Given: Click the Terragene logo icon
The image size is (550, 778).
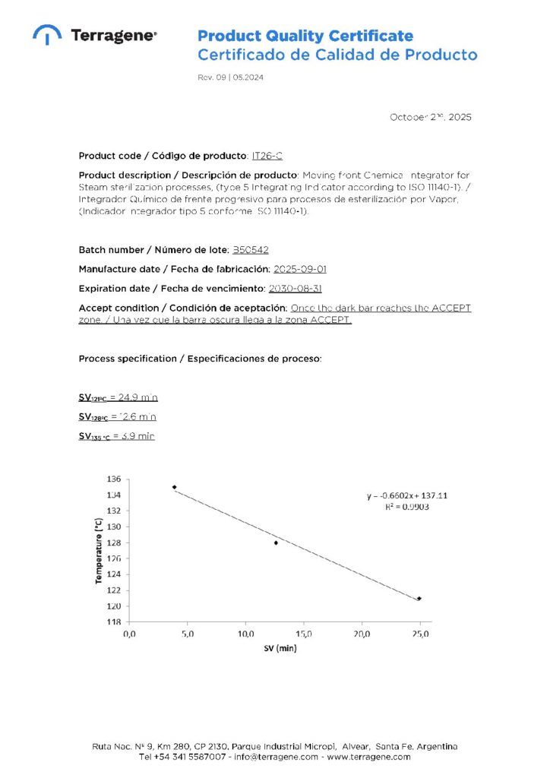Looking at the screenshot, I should (x=46, y=34).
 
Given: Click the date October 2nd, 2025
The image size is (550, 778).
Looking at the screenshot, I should (x=431, y=117).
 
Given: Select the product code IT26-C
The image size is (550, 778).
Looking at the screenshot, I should (x=267, y=156).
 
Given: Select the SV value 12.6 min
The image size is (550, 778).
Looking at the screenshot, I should (x=137, y=417).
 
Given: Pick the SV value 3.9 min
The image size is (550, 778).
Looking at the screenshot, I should (x=137, y=436).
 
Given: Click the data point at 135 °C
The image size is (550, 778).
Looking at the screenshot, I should (x=175, y=487).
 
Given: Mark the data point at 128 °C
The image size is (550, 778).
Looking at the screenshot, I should (x=276, y=542).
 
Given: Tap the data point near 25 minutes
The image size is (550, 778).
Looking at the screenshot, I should (x=419, y=599).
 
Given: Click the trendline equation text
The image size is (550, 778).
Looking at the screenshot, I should (x=407, y=495).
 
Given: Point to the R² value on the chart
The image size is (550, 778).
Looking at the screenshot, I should (x=407, y=506).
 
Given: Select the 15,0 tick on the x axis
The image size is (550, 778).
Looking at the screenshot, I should (x=304, y=634).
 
